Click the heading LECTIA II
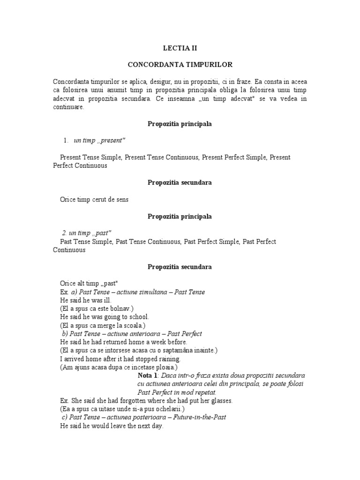pos(180,48)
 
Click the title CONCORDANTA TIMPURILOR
pos(180,64)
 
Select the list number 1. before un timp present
pos(66,141)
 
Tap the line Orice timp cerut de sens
pos(94,199)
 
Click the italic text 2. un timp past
pos(86,233)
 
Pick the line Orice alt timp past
pos(89,283)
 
